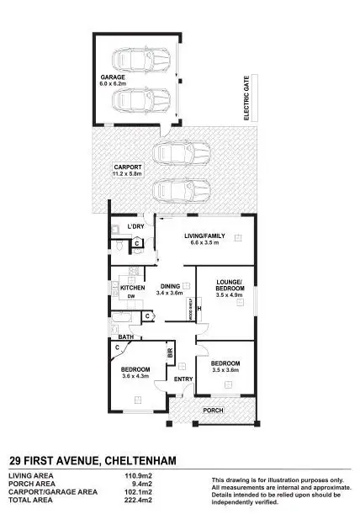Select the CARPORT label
point(127,167)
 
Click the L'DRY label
point(136,228)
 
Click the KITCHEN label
point(133,288)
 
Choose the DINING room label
point(172,286)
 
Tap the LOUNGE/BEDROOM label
point(229,283)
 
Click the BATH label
point(126,337)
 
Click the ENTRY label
point(183,379)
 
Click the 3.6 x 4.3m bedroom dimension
point(135,377)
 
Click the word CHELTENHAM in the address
point(153,459)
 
